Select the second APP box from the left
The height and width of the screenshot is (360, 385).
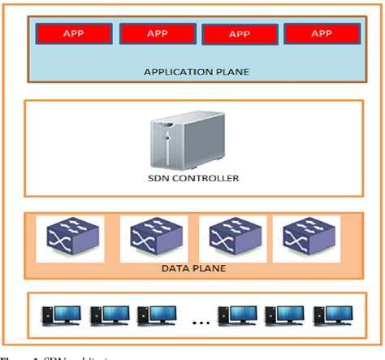[x=157, y=33]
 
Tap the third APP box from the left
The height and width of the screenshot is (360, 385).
[x=240, y=34]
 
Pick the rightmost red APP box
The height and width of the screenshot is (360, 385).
[x=322, y=33]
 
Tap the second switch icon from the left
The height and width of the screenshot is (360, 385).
[x=154, y=237]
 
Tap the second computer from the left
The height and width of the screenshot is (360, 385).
[x=109, y=315]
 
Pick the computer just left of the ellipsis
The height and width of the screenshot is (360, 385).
[x=155, y=315]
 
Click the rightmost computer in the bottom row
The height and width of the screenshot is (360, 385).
[x=333, y=315]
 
